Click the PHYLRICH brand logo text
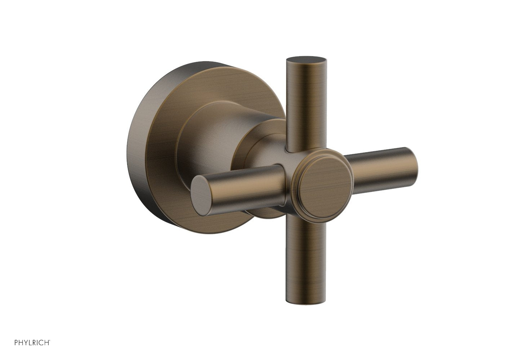coord(32,342)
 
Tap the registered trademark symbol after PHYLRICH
coord(49,340)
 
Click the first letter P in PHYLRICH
coord(16,342)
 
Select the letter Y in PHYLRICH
coord(26,342)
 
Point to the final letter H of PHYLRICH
coord(46,342)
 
